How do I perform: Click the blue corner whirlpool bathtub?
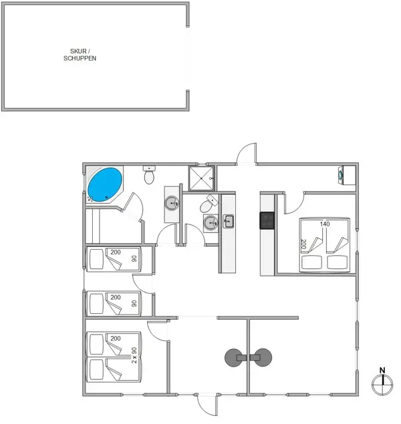click(105, 185)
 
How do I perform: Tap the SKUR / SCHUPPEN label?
click(80, 55)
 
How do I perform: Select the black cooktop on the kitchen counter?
click(267, 220)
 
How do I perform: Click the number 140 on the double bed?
click(325, 224)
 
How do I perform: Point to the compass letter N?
click(382, 370)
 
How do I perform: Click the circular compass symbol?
click(382, 384)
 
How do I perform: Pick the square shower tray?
click(201, 178)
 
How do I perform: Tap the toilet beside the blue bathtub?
click(149, 175)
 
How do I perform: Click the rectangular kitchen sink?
click(228, 222)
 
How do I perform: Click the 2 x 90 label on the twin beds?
click(134, 355)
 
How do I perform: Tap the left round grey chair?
click(233, 357)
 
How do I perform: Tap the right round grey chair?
click(263, 357)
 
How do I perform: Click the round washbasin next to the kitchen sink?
click(211, 223)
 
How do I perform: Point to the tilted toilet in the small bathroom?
click(209, 204)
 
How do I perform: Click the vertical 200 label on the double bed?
click(303, 244)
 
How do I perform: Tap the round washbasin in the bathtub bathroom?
click(172, 204)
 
